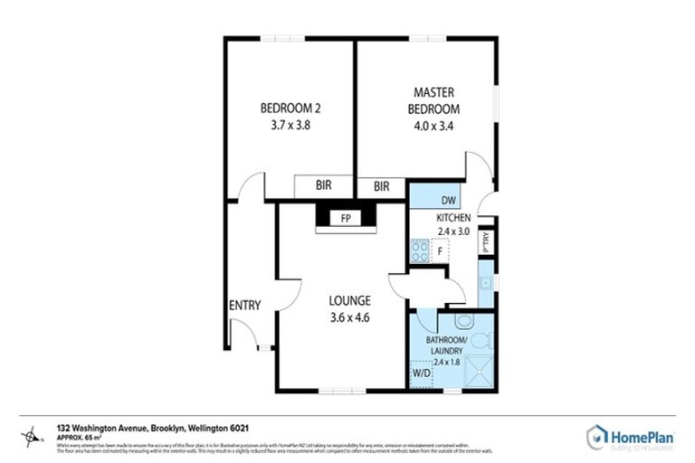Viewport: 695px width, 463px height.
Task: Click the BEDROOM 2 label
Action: point(290,109)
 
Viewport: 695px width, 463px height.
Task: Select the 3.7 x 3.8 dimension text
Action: point(290,126)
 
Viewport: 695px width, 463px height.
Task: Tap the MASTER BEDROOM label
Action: point(433,100)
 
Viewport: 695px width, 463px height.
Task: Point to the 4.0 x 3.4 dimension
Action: point(433,126)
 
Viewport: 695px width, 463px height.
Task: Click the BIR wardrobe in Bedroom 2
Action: point(323,185)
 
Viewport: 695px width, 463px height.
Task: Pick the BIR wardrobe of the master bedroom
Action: point(381,186)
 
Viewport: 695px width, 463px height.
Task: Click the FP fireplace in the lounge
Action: point(345,218)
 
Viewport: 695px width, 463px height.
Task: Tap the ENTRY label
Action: point(244,306)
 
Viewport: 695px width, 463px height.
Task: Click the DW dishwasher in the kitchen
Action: point(448,201)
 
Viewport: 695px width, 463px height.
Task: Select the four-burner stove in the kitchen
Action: point(420,250)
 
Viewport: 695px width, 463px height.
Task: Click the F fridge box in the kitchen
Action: point(440,250)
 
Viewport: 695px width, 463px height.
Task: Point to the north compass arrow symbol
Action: point(33,438)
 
